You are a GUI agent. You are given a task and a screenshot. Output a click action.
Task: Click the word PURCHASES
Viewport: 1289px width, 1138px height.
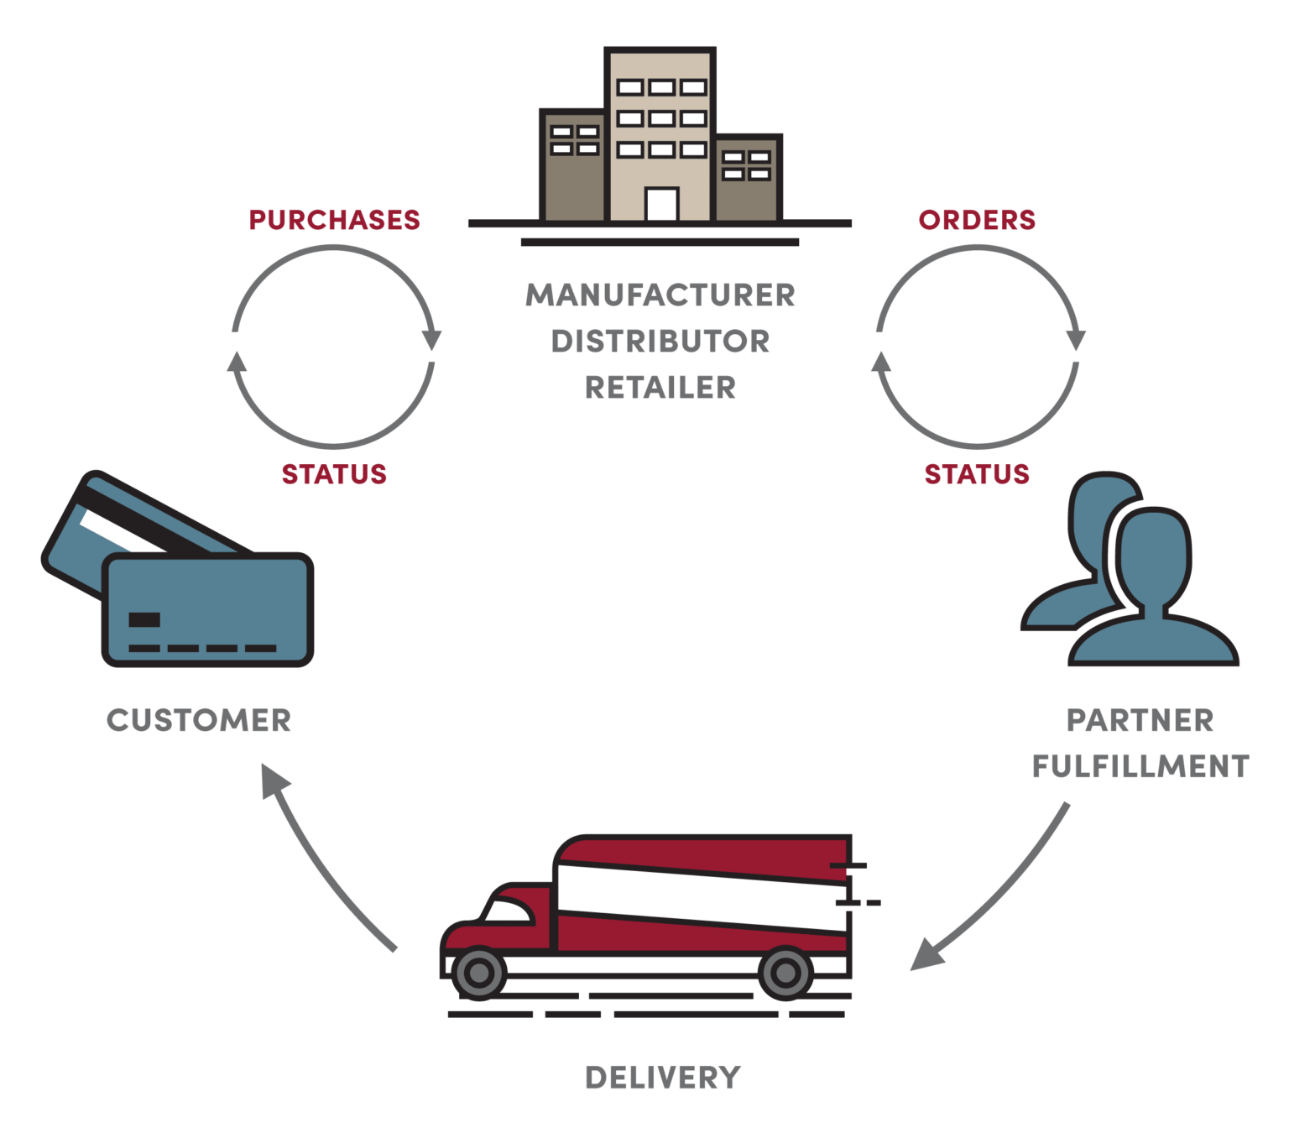pos(334,220)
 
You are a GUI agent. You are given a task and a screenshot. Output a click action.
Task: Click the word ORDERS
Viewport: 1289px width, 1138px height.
pos(977,220)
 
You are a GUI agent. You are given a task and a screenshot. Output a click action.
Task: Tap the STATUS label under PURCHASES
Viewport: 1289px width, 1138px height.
pos(334,474)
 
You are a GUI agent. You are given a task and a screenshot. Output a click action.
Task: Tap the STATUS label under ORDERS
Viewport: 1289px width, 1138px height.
pos(977,474)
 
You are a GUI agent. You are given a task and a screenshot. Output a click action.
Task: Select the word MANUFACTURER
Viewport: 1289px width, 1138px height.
pos(660,295)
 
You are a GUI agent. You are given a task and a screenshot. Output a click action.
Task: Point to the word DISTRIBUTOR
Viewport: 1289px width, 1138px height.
pos(660,342)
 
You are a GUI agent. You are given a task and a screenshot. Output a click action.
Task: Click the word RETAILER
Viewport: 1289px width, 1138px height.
pos(660,388)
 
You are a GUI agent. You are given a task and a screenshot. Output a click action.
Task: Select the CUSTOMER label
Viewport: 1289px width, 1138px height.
pos(199,720)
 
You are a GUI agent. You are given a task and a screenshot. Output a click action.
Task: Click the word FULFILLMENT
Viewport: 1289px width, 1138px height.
pos(1140,766)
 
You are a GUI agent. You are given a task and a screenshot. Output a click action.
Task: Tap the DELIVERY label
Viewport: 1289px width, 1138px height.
pos(662,1078)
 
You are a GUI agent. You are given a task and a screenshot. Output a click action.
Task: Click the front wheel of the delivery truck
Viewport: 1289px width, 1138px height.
pos(479,973)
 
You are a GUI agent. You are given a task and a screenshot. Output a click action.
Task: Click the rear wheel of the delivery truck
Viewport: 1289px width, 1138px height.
pos(785,973)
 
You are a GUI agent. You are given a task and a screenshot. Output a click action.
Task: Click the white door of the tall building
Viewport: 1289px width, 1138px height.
pos(661,204)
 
